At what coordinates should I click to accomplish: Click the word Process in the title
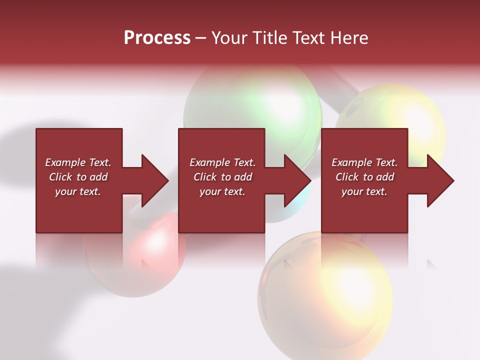157,38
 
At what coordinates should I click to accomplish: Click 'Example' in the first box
65,162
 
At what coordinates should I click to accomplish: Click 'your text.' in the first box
77,191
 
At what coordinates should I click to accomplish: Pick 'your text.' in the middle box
222,191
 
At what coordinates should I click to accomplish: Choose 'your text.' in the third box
364,191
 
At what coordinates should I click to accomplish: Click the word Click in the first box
61,177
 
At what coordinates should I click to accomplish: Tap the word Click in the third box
347,177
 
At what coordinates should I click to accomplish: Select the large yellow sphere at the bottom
325,295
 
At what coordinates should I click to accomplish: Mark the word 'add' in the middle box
243,177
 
